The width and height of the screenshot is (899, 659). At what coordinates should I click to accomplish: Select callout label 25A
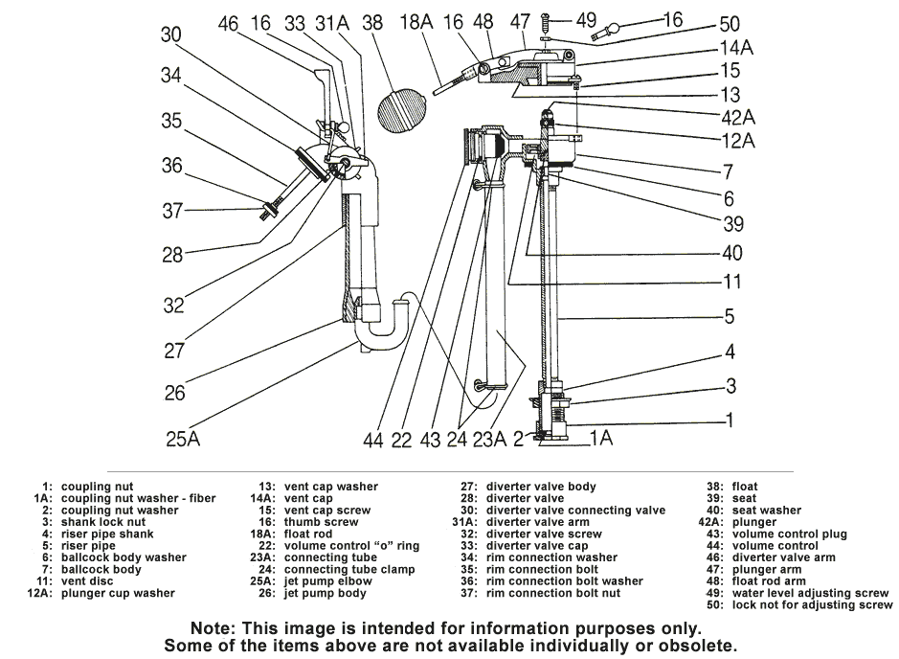pyautogui.click(x=182, y=440)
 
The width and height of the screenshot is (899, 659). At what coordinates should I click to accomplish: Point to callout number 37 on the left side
pyautogui.click(x=171, y=210)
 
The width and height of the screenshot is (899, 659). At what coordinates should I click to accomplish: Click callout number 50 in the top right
pyautogui.click(x=729, y=23)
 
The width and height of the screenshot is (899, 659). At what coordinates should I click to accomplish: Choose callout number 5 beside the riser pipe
pyautogui.click(x=730, y=317)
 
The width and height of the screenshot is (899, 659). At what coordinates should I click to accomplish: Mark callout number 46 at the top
pyautogui.click(x=228, y=23)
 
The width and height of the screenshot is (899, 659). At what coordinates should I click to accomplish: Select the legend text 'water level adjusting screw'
pyautogui.click(x=809, y=593)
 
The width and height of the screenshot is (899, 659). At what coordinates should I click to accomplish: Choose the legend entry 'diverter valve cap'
pyautogui.click(x=544, y=545)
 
